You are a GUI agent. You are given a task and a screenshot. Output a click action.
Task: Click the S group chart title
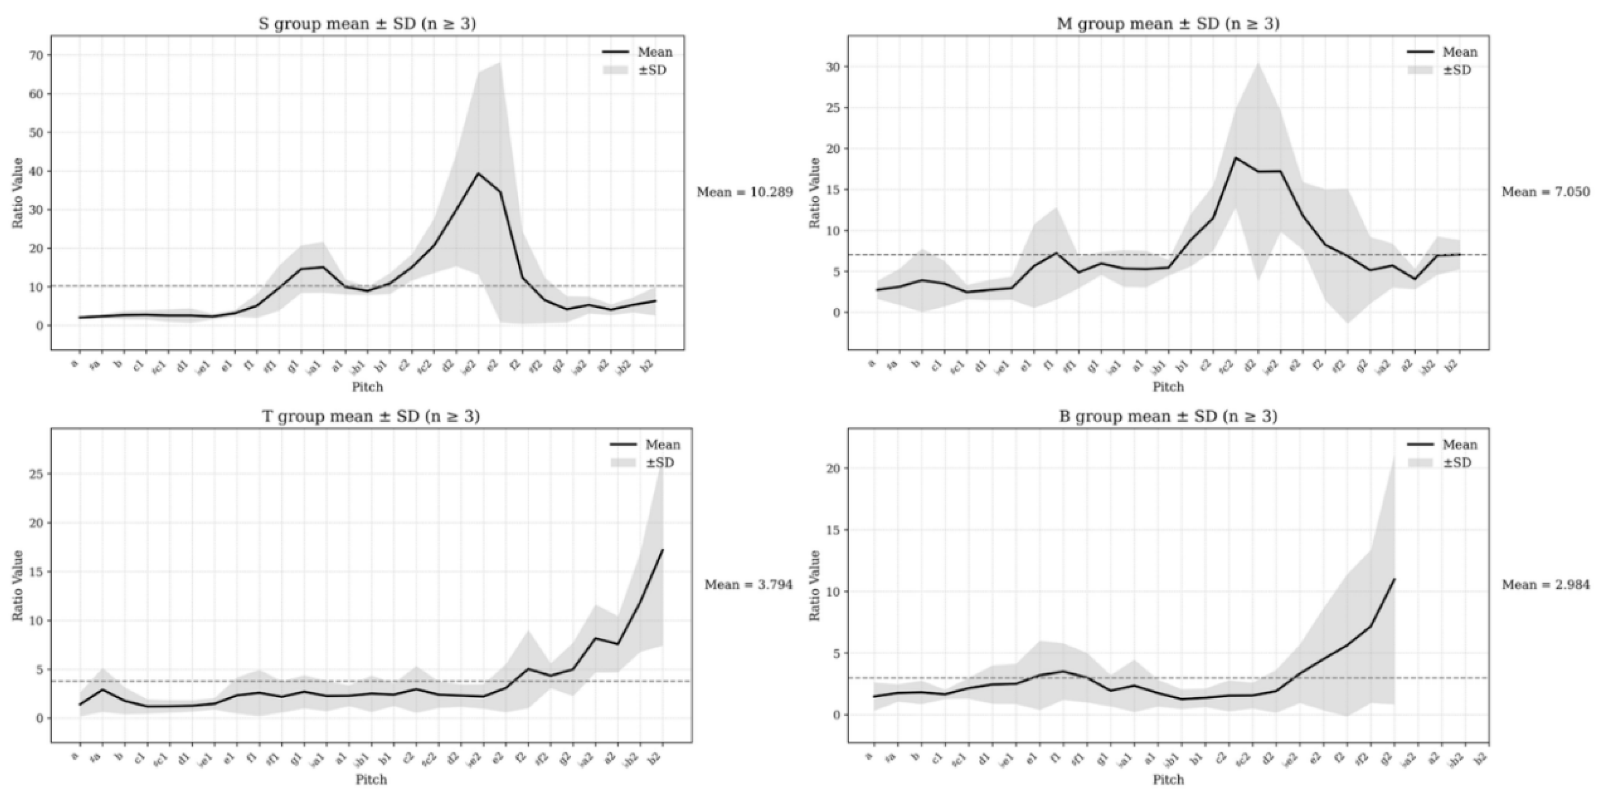click(367, 24)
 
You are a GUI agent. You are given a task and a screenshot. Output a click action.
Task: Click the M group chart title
click(1168, 24)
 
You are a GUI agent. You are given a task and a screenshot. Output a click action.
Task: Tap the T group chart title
click(371, 416)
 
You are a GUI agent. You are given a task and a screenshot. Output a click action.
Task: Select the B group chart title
click(1168, 416)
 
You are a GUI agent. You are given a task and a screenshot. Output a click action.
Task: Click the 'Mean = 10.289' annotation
click(745, 192)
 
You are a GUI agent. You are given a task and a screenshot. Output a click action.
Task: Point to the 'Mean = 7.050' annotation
click(1545, 192)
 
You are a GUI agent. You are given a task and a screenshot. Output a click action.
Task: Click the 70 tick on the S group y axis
click(36, 55)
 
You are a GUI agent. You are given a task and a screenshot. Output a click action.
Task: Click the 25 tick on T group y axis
click(36, 474)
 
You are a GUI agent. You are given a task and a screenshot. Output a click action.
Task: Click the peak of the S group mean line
click(478, 173)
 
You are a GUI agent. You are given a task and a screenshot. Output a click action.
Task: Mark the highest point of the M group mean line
click(1235, 157)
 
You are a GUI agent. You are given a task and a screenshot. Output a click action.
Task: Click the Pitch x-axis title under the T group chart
click(371, 779)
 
